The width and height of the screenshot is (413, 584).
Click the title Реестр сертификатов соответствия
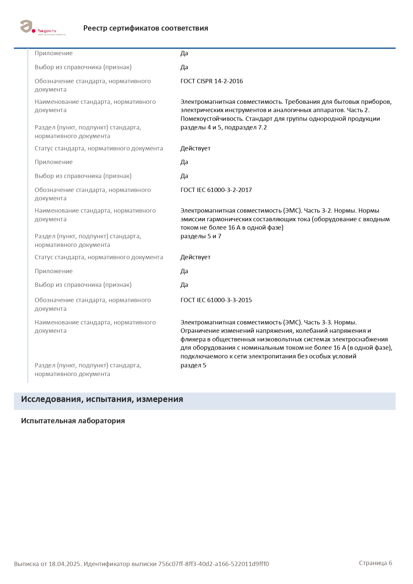[x=146, y=28]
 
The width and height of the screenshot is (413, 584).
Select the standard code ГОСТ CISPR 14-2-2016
[x=211, y=81]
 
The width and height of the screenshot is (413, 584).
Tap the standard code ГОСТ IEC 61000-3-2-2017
[x=216, y=190]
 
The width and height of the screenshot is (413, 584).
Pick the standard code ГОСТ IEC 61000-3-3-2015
[x=216, y=300]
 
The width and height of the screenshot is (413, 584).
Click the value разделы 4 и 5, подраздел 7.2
[x=223, y=127]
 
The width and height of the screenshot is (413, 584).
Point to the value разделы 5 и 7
[x=201, y=236]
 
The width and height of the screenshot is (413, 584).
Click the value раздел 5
[x=193, y=365]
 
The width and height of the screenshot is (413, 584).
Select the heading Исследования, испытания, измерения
[x=102, y=399]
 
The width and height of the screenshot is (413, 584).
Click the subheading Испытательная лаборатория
[x=73, y=421]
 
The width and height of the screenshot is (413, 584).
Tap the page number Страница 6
[x=375, y=563]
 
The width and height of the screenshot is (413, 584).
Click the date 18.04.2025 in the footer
[x=65, y=564]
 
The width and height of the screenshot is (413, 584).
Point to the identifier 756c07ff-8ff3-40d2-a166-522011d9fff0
[x=213, y=564]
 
